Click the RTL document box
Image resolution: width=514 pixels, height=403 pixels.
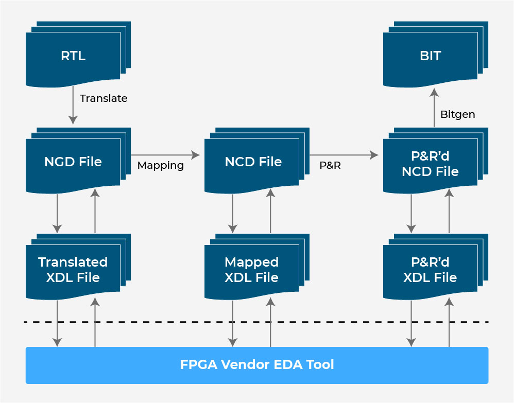point(78,54)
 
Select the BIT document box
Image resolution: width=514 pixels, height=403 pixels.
point(436,54)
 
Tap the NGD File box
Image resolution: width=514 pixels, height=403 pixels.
point(78,161)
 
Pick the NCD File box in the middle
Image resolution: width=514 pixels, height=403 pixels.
point(257,161)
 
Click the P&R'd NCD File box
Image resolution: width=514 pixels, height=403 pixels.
point(436,161)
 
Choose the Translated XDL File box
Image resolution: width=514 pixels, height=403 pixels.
point(78,267)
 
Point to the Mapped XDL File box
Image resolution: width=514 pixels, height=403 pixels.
point(257,267)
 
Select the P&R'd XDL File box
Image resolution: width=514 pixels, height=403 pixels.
point(436,267)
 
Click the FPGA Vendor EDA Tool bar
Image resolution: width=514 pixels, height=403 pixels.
point(257,365)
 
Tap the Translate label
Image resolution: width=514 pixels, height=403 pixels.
point(104,98)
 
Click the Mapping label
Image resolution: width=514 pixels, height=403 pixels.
point(161,165)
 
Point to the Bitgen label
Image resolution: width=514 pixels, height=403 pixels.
point(458,114)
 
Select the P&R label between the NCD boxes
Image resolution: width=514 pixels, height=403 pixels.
point(330,165)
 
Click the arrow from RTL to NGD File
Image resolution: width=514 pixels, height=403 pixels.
point(73,105)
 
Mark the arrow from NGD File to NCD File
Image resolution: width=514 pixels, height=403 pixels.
point(165,155)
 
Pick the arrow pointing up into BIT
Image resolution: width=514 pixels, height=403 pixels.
point(434,108)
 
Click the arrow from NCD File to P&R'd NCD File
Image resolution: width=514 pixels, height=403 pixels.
point(344,155)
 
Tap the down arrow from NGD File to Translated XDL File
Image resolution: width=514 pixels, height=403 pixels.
point(57,214)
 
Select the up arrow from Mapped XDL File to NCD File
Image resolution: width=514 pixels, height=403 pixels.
point(270,211)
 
